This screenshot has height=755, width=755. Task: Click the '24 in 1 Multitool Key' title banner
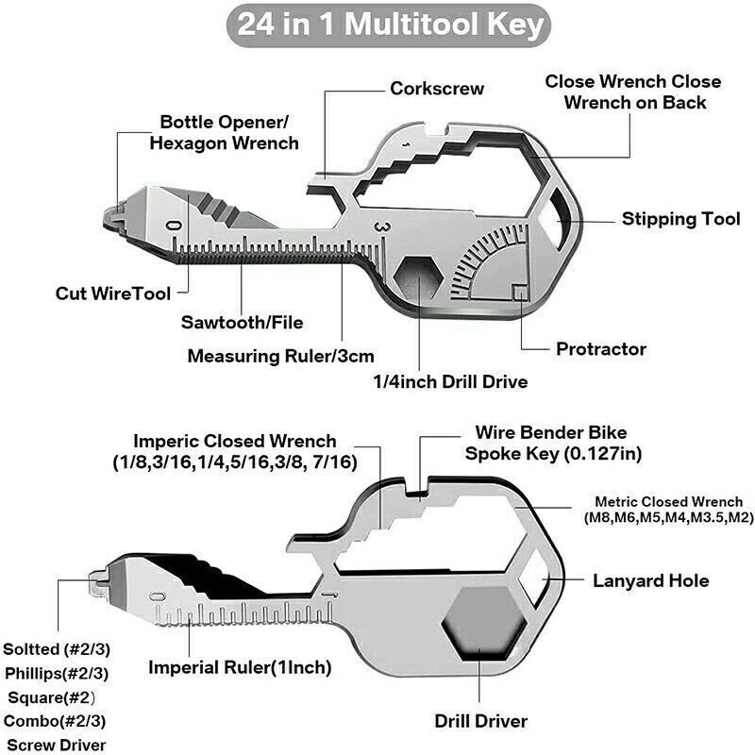pyautogui.click(x=377, y=23)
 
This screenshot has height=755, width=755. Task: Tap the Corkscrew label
pyautogui.click(x=437, y=88)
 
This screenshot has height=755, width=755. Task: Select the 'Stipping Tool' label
pyautogui.click(x=680, y=219)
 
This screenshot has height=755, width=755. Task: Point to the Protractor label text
pyautogui.click(x=601, y=348)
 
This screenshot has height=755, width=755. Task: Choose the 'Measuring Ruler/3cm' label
pyautogui.click(x=281, y=356)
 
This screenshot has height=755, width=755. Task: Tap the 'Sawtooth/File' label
pyautogui.click(x=243, y=323)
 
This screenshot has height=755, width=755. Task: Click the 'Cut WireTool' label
pyautogui.click(x=112, y=294)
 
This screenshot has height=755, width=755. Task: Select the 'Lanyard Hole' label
pyautogui.click(x=650, y=580)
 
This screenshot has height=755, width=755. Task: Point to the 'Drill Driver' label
pyautogui.click(x=480, y=721)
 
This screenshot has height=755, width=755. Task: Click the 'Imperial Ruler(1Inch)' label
pyautogui.click(x=240, y=667)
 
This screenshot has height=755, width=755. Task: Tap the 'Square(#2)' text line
pyautogui.click(x=56, y=697)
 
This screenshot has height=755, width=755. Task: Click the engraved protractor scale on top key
pyautogui.click(x=491, y=260)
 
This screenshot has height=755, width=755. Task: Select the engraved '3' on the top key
pyautogui.click(x=378, y=227)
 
